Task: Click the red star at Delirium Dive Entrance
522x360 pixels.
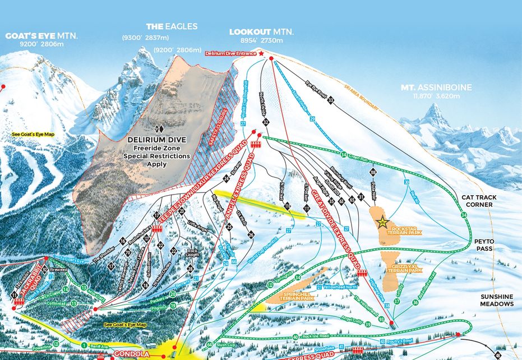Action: pos(261,53)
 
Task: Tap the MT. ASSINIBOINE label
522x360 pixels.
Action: pos(436,87)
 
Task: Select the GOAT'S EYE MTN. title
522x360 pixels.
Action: pos(42,36)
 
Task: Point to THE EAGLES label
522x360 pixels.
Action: pos(164,26)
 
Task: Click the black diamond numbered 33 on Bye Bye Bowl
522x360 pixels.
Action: pos(331,100)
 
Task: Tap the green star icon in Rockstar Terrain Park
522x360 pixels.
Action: pos(382,221)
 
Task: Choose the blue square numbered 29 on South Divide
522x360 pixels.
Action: pos(312,119)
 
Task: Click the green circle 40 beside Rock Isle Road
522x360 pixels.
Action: pos(295,337)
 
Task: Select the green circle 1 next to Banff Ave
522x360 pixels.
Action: pos(84,345)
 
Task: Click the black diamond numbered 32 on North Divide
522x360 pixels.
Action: pos(266,121)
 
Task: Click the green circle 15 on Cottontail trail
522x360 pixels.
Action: pos(74,303)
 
